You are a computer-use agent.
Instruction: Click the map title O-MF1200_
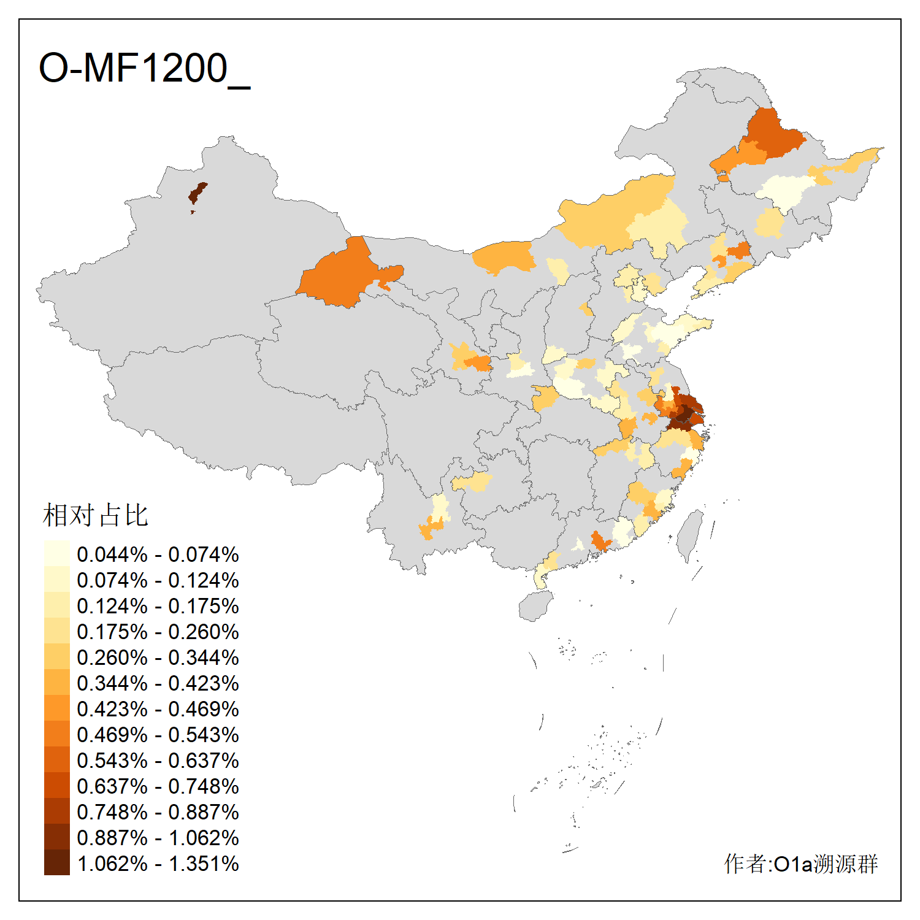coord(144,69)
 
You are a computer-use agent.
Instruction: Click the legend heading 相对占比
coord(96,515)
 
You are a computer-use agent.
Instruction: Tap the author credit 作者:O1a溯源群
coord(800,864)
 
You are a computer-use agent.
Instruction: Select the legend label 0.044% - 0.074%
coord(158,554)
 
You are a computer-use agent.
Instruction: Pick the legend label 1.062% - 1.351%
coord(158,864)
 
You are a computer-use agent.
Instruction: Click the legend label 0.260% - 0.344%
coord(158,657)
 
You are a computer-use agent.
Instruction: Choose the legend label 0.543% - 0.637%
coord(158,761)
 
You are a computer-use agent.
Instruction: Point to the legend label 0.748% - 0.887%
coord(158,812)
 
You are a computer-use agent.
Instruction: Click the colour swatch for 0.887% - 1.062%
coord(56,838)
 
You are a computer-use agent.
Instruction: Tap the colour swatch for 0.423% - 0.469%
coord(56,709)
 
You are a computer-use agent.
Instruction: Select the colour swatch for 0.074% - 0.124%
coord(56,580)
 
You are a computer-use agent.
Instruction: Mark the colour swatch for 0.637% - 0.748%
coord(56,786)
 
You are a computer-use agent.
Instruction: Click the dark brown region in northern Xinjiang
coord(197,193)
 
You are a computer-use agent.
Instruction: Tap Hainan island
coord(535,606)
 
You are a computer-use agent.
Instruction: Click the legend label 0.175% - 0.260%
coord(158,632)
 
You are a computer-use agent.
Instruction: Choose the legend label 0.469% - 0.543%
coord(158,735)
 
